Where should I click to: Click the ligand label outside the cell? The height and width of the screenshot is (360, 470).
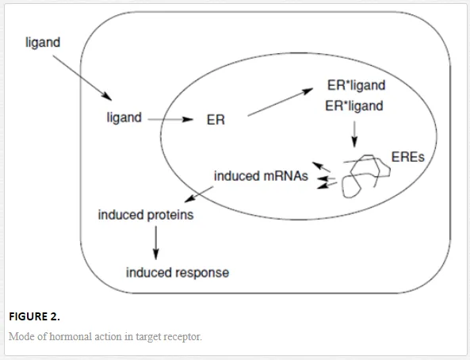(x=43, y=43)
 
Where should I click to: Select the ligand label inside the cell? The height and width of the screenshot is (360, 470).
(x=124, y=117)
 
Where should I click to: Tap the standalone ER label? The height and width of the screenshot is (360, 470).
(x=216, y=120)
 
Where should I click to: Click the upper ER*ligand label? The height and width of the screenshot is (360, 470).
(x=356, y=86)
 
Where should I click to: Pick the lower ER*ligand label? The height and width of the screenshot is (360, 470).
(x=354, y=106)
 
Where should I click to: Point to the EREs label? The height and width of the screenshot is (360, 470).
(x=408, y=157)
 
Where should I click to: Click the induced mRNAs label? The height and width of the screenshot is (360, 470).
(x=261, y=176)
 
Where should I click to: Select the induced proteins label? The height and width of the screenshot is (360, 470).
(x=146, y=215)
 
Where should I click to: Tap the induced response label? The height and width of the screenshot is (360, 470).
(x=178, y=273)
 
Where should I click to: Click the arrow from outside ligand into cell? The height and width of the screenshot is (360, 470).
(x=82, y=78)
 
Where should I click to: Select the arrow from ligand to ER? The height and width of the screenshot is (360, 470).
(x=170, y=120)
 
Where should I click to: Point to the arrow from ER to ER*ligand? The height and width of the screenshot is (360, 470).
(x=281, y=102)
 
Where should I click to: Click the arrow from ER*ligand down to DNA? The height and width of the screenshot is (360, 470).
(x=354, y=134)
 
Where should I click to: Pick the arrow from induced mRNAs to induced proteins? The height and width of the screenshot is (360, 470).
(x=199, y=194)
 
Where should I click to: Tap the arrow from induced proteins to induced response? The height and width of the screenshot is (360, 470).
(x=155, y=243)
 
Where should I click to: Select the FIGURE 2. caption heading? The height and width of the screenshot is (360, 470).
(x=34, y=317)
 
